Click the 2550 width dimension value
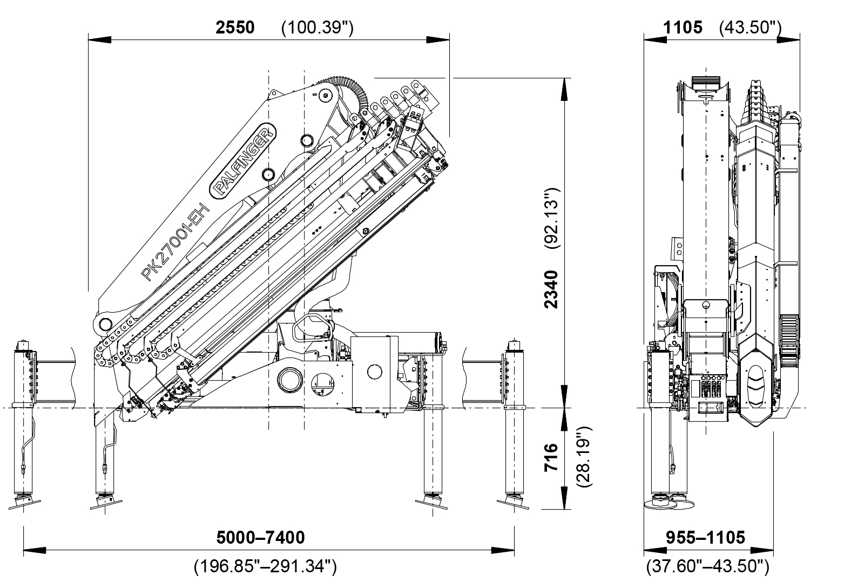coord(235,28)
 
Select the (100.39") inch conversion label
coord(318,28)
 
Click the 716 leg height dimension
coord(551,458)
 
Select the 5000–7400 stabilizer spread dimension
coord(260,537)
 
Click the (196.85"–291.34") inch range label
coord(265,566)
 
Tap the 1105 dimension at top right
coord(683,28)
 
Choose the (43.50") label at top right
coord(751,28)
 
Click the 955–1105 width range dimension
coord(705,537)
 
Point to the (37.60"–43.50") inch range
coord(707,566)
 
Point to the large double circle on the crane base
coord(291,381)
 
